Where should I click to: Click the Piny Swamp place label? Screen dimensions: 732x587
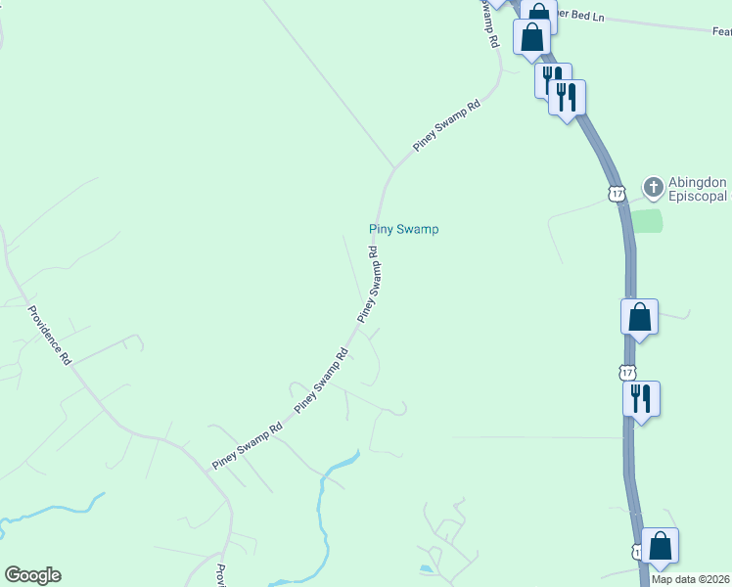click(403, 229)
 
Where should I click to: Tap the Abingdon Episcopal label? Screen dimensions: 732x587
click(697, 190)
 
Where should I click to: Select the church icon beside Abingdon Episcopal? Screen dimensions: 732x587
click(653, 186)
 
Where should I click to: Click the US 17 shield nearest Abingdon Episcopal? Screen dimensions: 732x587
click(616, 194)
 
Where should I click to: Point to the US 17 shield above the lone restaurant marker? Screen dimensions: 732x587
click(627, 372)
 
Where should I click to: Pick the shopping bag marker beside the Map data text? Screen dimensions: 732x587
click(660, 546)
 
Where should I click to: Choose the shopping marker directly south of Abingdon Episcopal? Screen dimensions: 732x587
click(639, 317)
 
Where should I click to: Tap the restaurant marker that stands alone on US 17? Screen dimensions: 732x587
click(641, 398)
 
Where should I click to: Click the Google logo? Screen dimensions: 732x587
click(32, 575)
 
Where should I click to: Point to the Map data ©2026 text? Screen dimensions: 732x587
click(690, 579)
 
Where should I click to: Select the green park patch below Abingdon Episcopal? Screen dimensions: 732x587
click(647, 220)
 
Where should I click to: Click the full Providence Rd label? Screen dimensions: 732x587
click(49, 336)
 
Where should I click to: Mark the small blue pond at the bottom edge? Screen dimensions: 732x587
click(425, 569)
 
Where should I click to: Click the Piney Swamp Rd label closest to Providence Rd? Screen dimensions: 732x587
click(248, 445)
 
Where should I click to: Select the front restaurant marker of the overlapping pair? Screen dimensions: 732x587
click(567, 97)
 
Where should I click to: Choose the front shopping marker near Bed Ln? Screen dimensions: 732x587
click(531, 37)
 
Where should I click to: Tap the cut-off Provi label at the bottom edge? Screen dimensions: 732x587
click(221, 577)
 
